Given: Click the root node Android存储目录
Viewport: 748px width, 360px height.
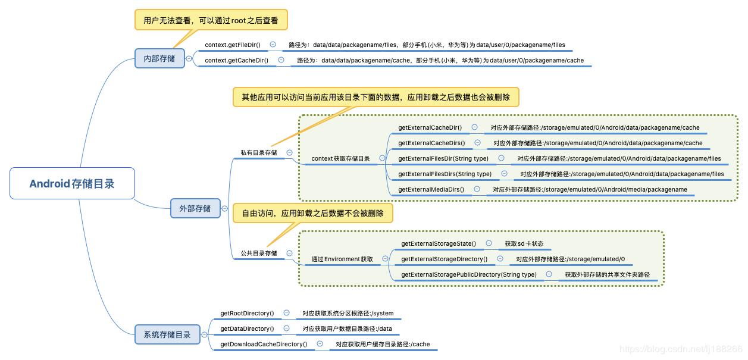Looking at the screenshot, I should pos(72,183).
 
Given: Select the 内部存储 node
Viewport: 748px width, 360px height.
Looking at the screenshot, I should pos(159,58).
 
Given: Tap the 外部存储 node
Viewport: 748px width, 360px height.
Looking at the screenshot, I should pos(195,208).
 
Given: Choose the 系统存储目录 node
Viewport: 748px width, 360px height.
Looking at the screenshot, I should pos(167,334).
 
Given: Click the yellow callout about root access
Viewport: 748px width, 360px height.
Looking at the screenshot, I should pos(211,20).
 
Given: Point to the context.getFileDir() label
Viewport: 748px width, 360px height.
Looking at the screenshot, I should pos(232,45).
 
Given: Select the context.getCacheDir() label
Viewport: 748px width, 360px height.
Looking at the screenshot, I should pos(236,60).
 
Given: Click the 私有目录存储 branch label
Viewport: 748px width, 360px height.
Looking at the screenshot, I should pos(259,153).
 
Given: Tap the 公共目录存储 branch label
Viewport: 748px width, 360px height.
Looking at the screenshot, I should pos(259,253).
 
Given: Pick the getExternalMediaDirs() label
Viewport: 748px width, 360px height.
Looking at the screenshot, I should pos(431,189).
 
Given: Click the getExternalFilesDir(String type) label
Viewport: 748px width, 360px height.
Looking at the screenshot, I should pos(443,158).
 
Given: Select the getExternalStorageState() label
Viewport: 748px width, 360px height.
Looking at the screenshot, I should pos(439,243).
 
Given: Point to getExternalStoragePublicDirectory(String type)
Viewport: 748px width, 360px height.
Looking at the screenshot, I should pos(469,274).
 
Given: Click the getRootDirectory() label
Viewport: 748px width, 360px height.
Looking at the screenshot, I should pos(247,313).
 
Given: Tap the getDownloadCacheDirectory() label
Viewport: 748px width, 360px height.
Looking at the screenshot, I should pos(264,344).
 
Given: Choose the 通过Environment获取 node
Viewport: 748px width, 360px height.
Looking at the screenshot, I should pos(342,259).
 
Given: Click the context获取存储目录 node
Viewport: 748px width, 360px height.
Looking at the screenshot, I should pos(340,159).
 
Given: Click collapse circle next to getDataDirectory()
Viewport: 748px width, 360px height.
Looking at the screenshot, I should pos(287,328).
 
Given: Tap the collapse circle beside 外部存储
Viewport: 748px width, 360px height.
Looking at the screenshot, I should pos(224,208).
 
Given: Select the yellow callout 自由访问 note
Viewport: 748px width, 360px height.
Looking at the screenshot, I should pos(312,213).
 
